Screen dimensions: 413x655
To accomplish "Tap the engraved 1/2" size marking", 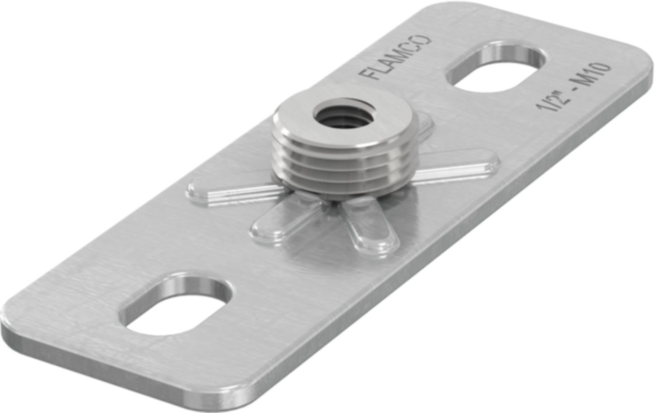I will tap(551, 102).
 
